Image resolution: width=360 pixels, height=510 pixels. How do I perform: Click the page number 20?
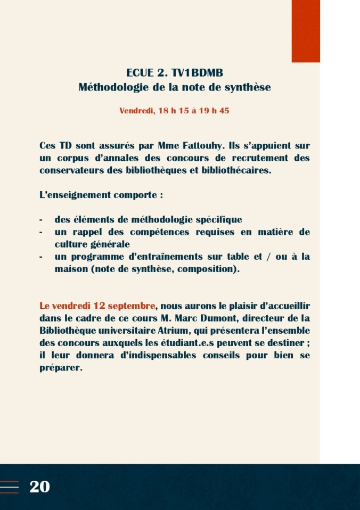pyautogui.click(x=40, y=487)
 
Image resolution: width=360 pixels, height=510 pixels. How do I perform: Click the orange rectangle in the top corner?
pyautogui.click(x=306, y=31)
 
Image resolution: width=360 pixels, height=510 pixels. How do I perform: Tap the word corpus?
pyautogui.click(x=71, y=158)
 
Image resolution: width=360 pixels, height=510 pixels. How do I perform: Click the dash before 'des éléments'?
pyautogui.click(x=41, y=220)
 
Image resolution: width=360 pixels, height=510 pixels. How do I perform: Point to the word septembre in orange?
pyautogui.click(x=132, y=306)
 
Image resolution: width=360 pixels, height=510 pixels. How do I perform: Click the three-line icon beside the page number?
pyautogui.click(x=10, y=487)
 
